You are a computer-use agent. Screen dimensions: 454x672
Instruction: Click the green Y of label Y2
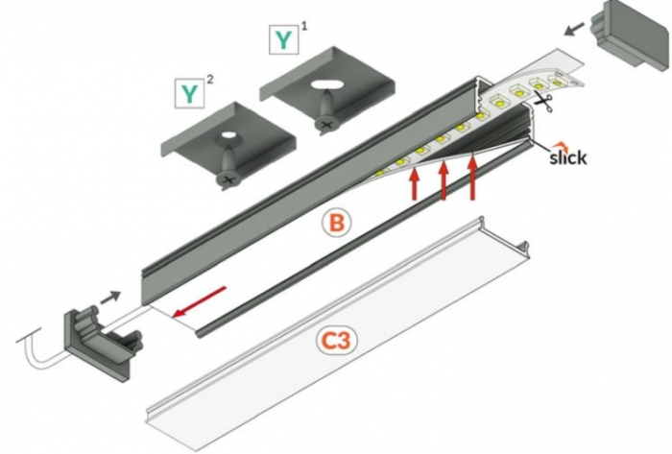click(189, 94)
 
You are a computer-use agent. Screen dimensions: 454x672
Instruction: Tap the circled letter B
click(336, 224)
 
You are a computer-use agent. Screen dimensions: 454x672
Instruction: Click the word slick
click(567, 155)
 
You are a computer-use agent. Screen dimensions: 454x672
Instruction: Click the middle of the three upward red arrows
click(444, 179)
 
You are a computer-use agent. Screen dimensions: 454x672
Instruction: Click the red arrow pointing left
click(201, 300)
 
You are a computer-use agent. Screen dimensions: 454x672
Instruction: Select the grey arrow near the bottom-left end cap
click(110, 297)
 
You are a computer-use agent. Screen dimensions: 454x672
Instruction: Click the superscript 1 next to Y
click(305, 27)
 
